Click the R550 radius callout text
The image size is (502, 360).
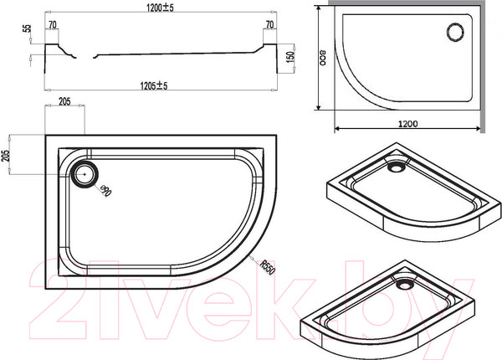pyautogui.click(x=267, y=265)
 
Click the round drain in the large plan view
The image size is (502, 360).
pyautogui.click(x=85, y=174)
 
